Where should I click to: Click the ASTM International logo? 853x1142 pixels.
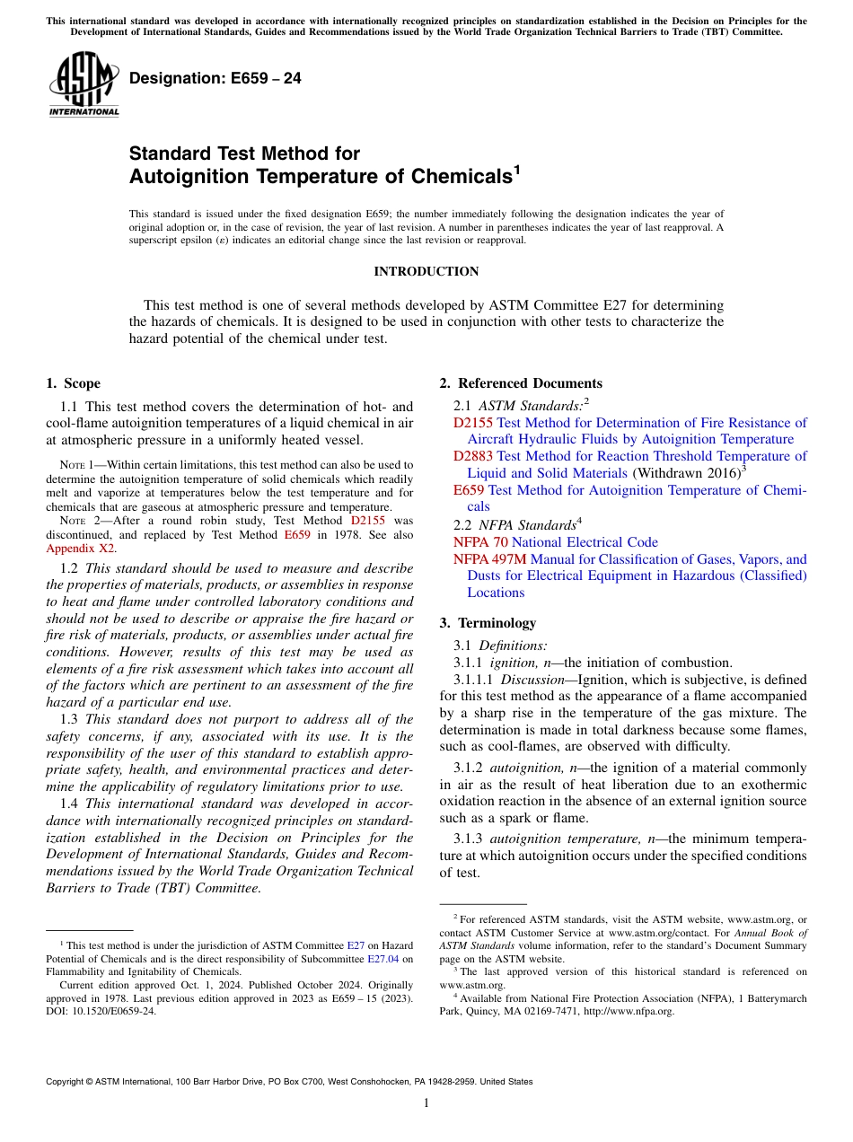[x=84, y=86]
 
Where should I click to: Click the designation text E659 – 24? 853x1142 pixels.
[x=215, y=79]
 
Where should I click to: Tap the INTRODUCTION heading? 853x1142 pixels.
[x=426, y=271]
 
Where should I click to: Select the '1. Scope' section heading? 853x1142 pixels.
[x=73, y=383]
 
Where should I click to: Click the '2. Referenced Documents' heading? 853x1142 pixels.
[x=521, y=383]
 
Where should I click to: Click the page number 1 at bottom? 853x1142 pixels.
[x=426, y=1103]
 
